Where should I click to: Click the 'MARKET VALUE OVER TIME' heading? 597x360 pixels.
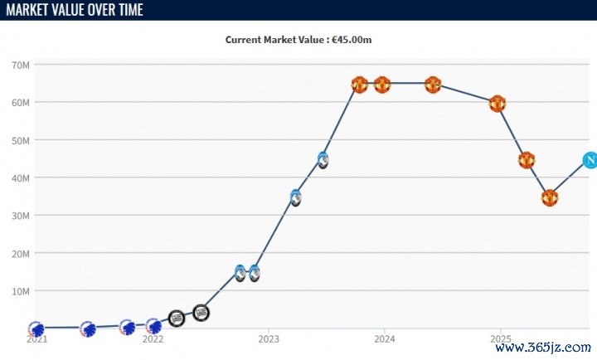point(73,10)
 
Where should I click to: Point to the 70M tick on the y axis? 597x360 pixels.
point(22,65)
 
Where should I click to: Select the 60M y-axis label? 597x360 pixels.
point(22,102)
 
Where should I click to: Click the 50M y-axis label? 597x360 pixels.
point(22,140)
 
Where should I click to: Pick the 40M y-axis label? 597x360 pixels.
point(22,178)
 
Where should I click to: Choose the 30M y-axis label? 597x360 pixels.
point(22,216)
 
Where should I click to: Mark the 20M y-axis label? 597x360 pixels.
point(22,253)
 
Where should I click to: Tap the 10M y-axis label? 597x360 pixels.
point(22,291)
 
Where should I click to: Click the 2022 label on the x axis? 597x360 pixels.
point(153,339)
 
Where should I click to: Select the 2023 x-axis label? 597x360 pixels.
point(269,339)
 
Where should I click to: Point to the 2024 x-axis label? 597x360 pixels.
point(385,339)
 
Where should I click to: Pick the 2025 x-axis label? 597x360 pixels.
point(500,339)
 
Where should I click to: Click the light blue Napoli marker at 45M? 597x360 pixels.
point(590,160)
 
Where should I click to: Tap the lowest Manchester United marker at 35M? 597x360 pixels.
point(549,197)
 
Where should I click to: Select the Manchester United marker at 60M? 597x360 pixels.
point(497,104)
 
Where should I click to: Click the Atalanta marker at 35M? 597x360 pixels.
point(295,197)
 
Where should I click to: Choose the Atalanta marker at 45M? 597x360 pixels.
point(323,159)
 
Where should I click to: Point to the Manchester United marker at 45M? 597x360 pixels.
point(526,160)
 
